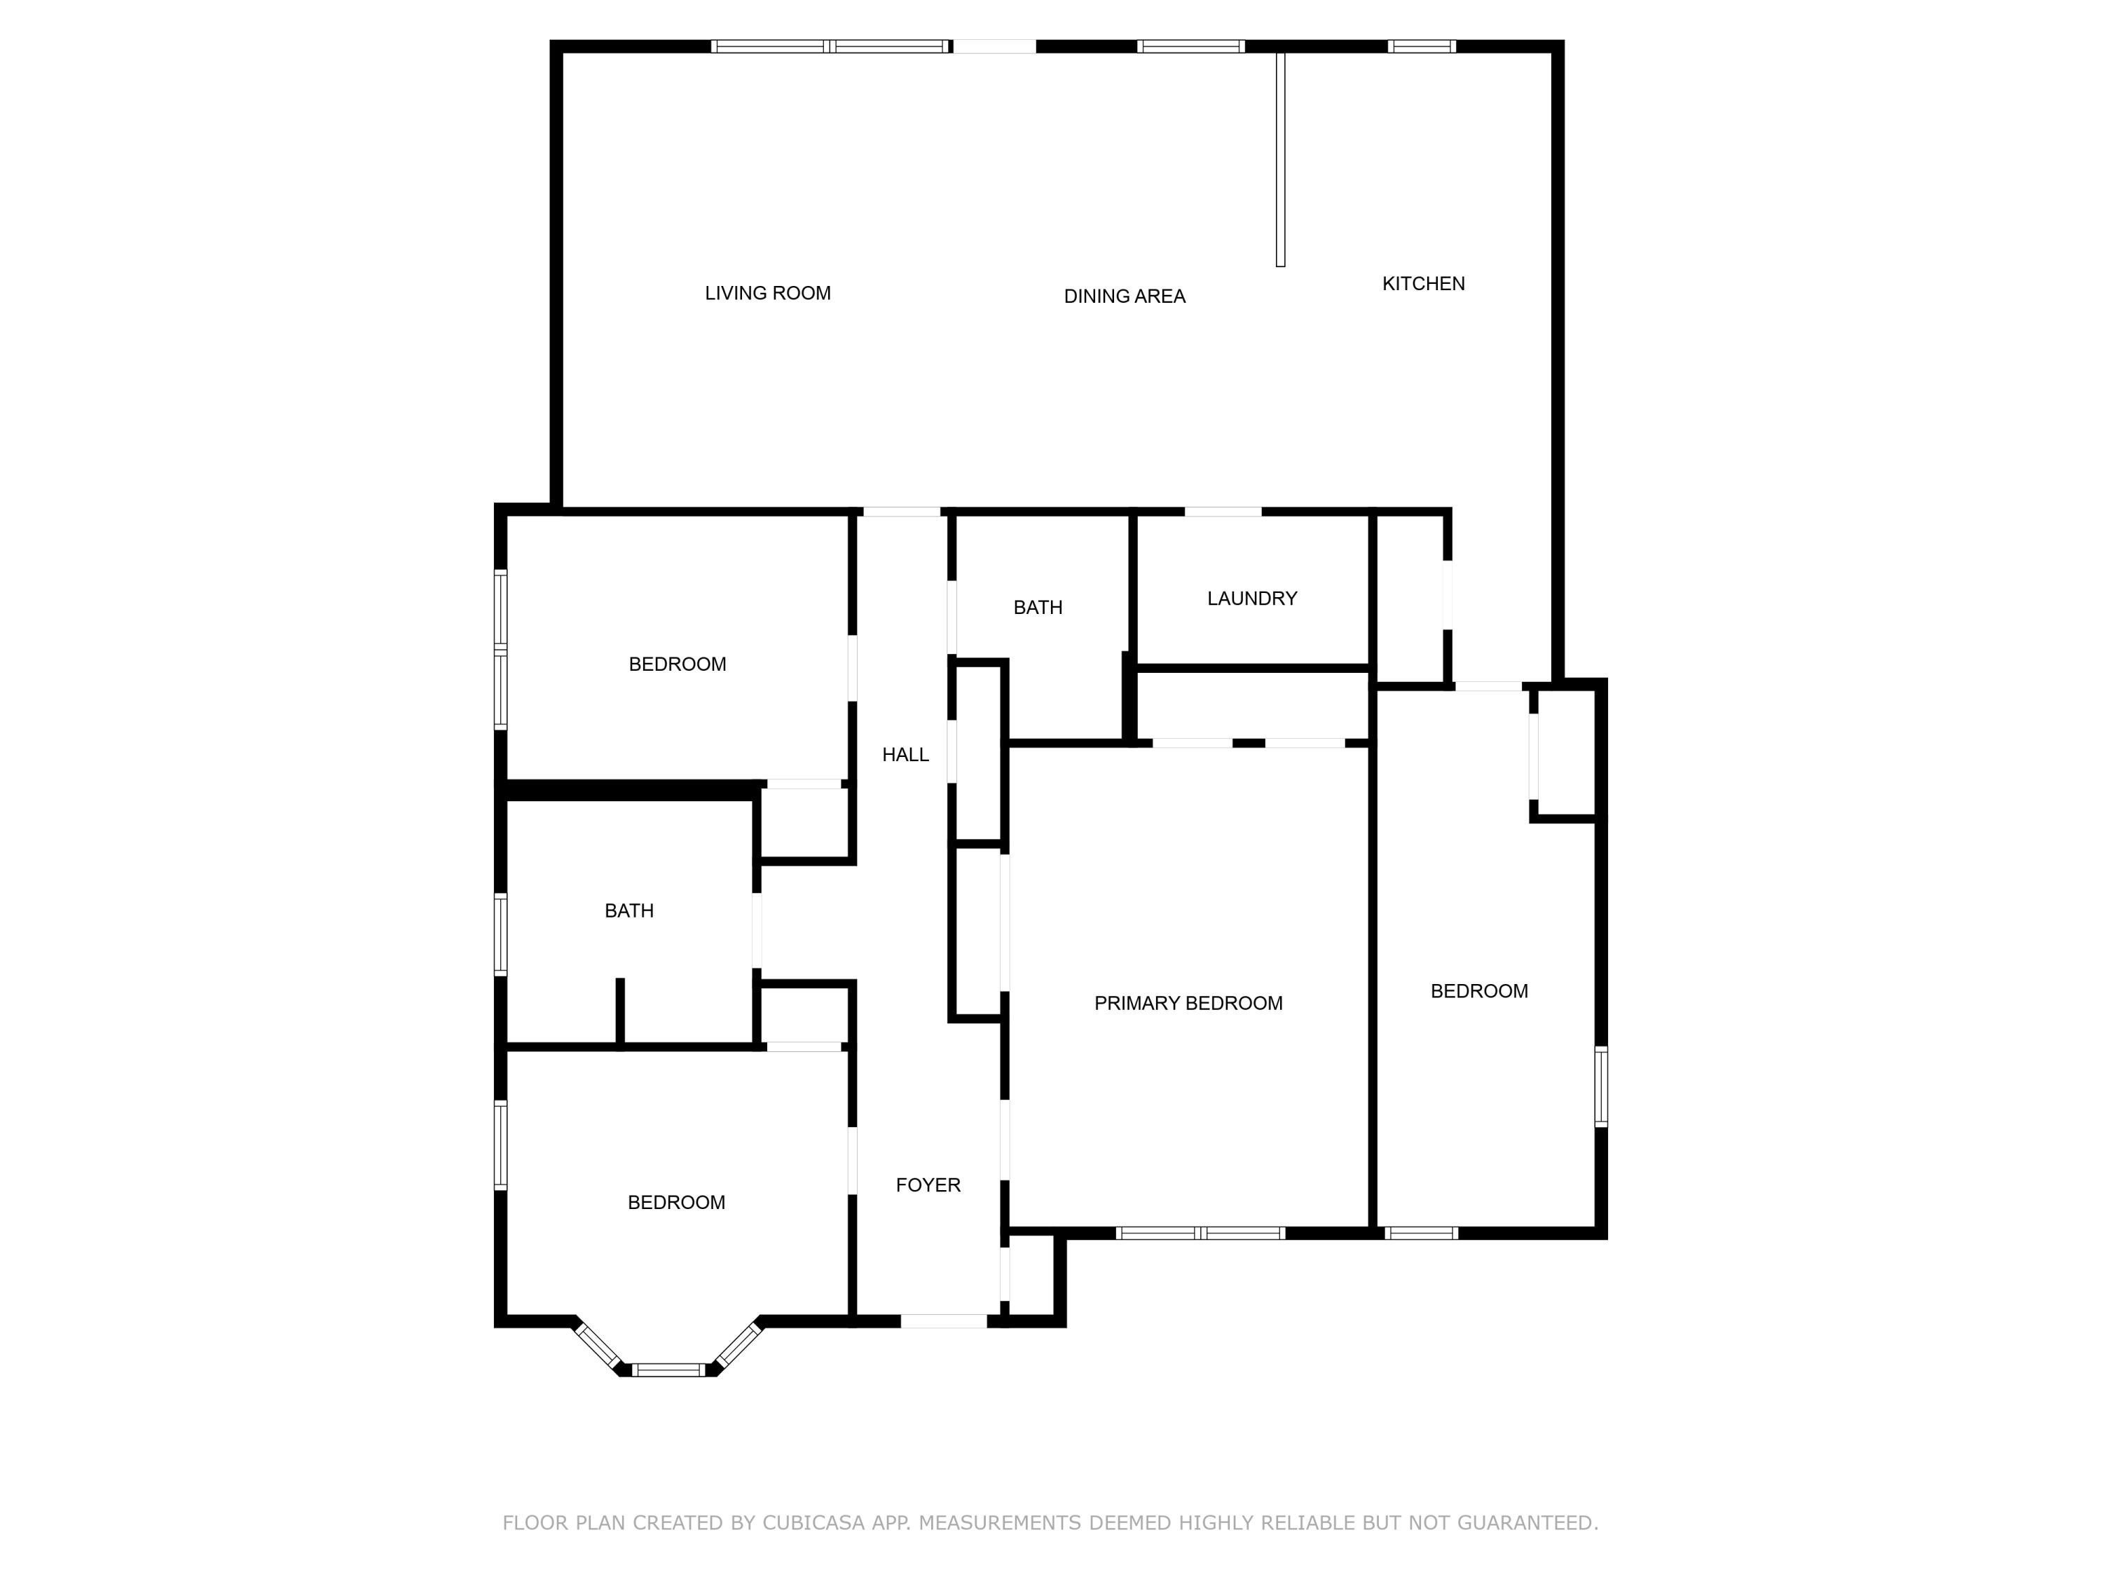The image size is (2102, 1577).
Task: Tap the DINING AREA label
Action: [x=1123, y=296]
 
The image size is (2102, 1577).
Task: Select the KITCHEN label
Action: [x=1422, y=283]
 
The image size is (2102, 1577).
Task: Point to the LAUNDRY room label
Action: [x=1251, y=598]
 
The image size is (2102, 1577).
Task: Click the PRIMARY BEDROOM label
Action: [x=1188, y=1003]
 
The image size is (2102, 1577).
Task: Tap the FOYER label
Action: [x=928, y=1185]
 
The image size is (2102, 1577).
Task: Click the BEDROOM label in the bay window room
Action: [x=675, y=1203]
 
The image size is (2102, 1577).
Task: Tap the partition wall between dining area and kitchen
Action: [x=1280, y=160]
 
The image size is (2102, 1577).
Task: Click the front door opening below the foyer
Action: [x=944, y=1320]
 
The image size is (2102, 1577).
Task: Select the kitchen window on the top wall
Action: [x=1422, y=46]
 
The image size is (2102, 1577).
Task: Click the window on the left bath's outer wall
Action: [x=500, y=934]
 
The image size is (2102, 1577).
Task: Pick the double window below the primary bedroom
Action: [x=1200, y=1233]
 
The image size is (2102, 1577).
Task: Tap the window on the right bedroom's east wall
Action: [x=1601, y=1086]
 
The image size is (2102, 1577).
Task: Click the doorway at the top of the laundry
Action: [x=1223, y=512]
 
